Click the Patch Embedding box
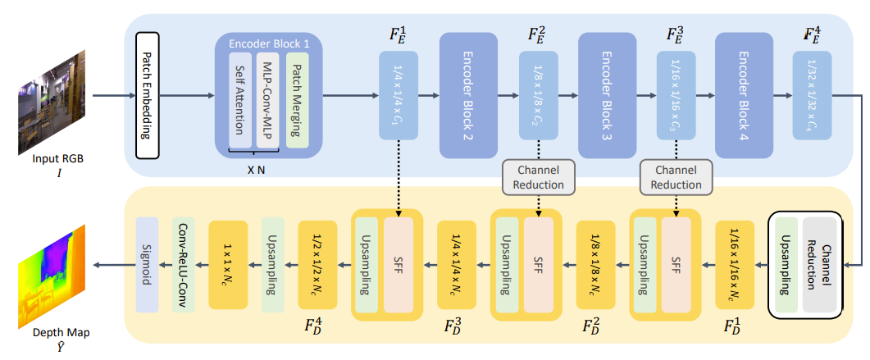[149, 96]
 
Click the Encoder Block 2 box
[469, 95]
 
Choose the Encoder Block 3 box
[607, 95]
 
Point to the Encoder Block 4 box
[745, 95]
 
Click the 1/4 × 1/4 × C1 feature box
[399, 95]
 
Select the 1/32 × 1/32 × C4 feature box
[812, 95]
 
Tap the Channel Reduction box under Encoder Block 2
[539, 176]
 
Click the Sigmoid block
[147, 263]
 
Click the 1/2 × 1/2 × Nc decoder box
[317, 263]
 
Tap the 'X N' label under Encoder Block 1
[255, 166]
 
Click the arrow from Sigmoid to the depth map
[112, 264]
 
